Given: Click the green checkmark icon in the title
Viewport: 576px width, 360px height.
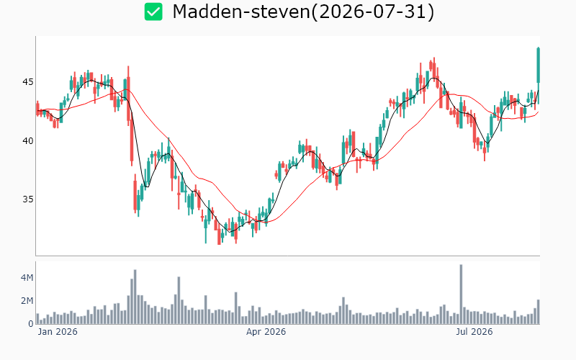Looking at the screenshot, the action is (153, 12).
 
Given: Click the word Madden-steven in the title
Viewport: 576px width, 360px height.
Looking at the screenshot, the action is (241, 12).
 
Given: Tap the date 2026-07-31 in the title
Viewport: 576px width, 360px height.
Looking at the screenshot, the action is (372, 12).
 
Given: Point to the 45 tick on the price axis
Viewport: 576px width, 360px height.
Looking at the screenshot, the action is (27, 81).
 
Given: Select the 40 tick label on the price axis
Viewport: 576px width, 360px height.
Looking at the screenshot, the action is (27, 140).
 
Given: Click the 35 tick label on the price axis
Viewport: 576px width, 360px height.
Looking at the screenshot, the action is (27, 199).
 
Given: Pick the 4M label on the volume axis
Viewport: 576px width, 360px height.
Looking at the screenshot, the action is (27, 278).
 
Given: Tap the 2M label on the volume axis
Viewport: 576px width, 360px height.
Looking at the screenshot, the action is (27, 301).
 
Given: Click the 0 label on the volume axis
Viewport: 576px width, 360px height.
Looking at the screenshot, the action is (31, 323).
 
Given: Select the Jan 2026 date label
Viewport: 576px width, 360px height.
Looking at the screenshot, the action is (58, 332).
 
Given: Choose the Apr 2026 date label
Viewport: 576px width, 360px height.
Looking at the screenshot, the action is (266, 332).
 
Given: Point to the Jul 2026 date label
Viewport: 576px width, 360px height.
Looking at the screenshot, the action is (474, 332).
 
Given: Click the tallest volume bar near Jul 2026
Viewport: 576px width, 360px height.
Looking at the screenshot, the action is (461, 294).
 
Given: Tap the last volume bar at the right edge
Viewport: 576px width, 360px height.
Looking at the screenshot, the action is (538, 312).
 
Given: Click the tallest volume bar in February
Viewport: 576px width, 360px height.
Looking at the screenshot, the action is (135, 297).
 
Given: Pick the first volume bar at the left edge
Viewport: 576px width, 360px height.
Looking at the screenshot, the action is (37, 319).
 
